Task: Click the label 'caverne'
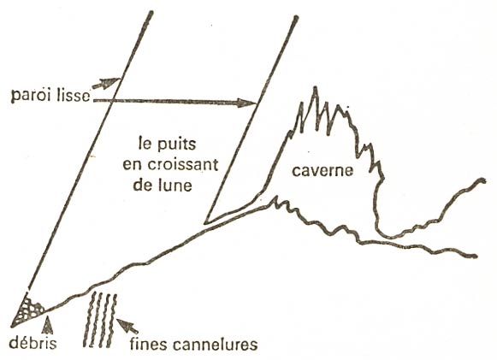322,171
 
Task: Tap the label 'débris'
33,343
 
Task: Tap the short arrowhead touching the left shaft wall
111,82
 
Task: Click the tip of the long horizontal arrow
256,103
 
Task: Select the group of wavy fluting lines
100,320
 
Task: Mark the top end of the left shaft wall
151,13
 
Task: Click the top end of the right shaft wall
296,18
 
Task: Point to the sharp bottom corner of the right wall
205,223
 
